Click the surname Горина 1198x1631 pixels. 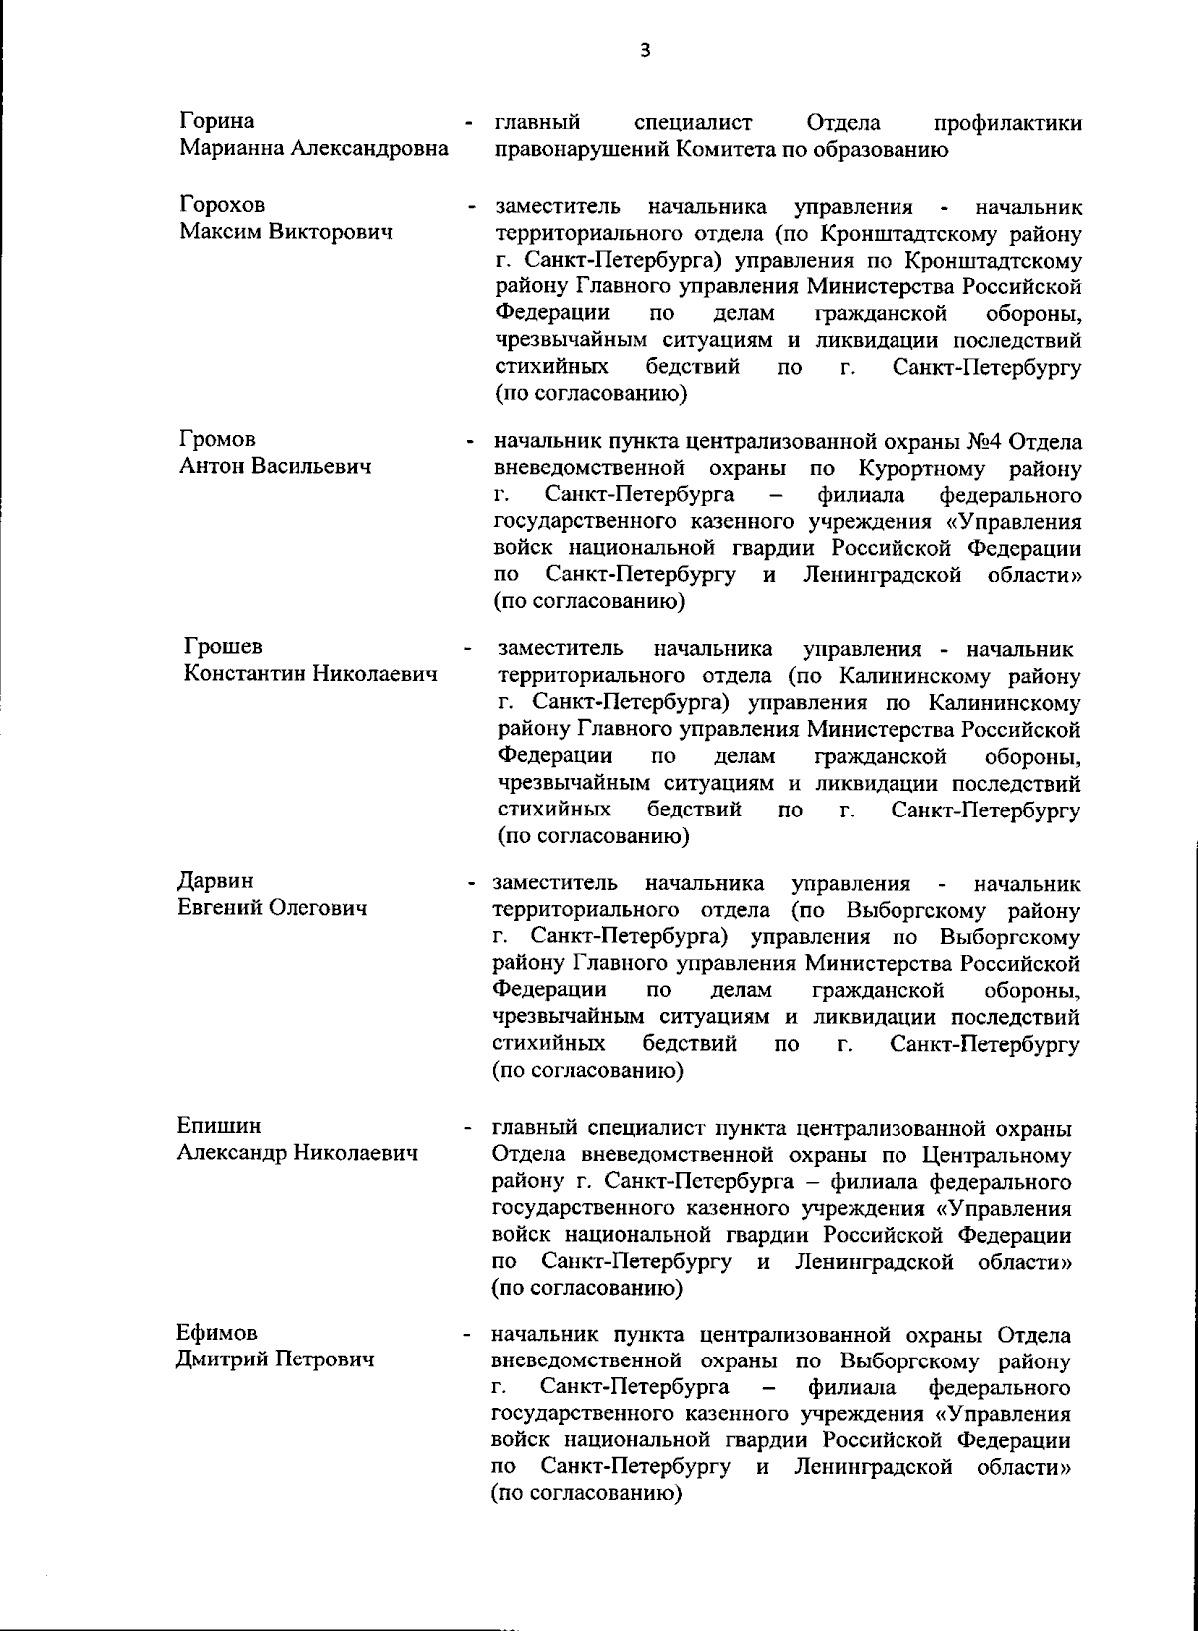click(217, 122)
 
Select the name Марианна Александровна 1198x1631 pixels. click(313, 149)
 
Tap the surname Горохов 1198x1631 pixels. click(223, 205)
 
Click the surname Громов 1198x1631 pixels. click(217, 439)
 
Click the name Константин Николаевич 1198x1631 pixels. click(310, 674)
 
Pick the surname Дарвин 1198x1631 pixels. click(215, 881)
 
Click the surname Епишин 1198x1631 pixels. click(219, 1126)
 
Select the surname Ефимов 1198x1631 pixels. click(217, 1333)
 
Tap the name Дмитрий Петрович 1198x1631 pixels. click(276, 1359)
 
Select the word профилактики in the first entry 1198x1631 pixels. click(1007, 123)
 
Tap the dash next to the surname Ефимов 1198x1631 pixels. click(467, 1335)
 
